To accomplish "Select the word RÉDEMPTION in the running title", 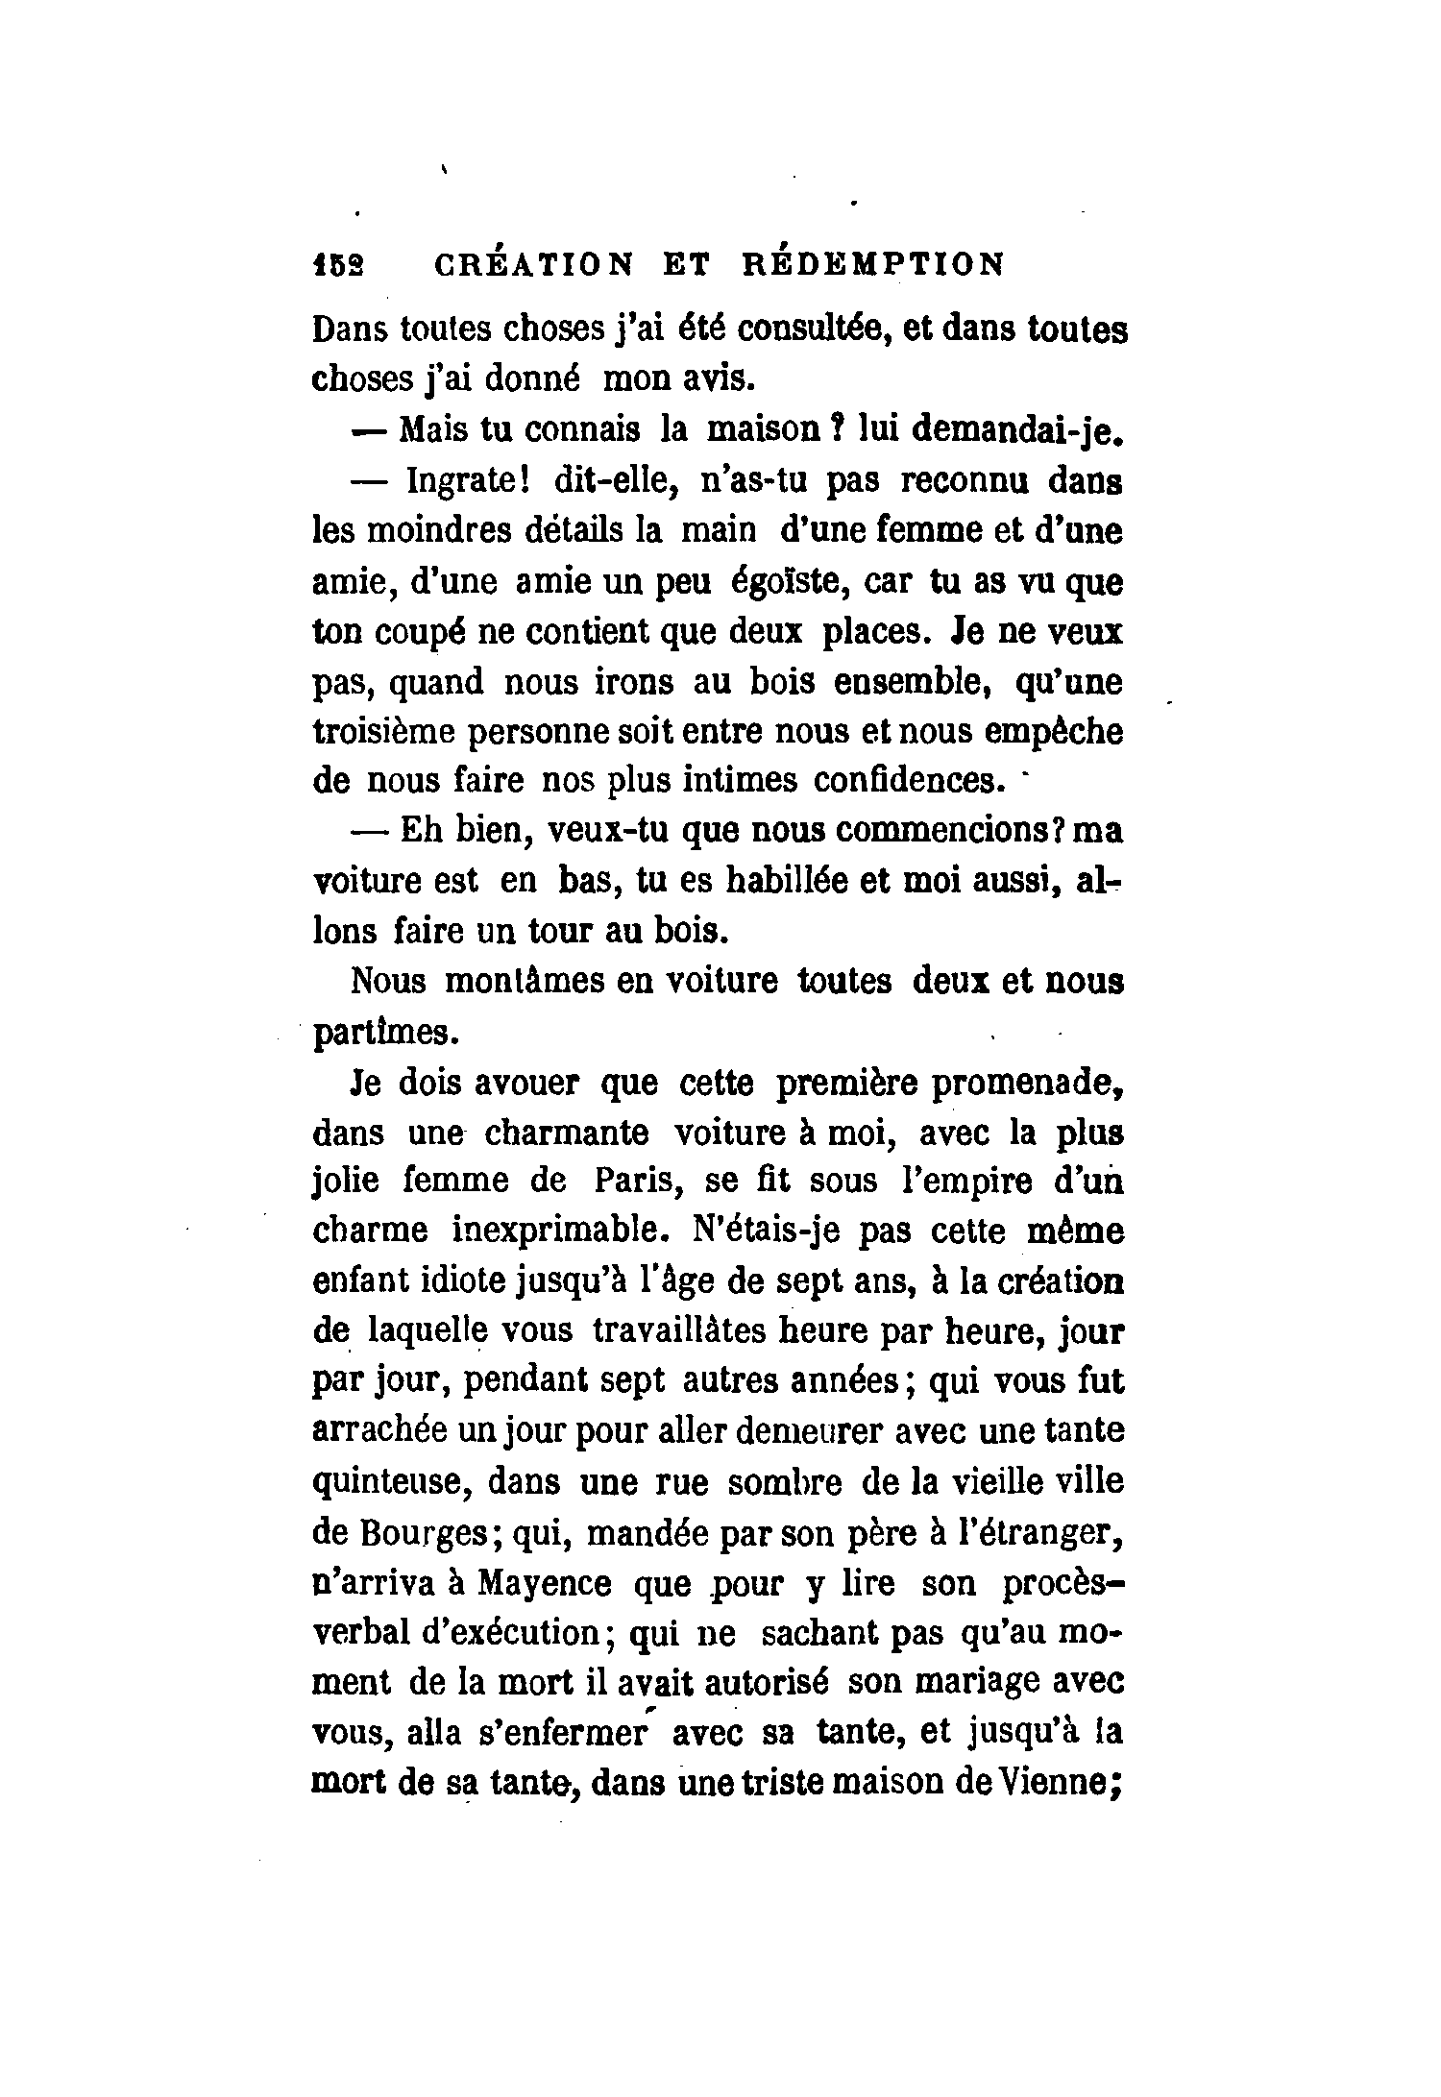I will coord(873,264).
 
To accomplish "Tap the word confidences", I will coord(904,780).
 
